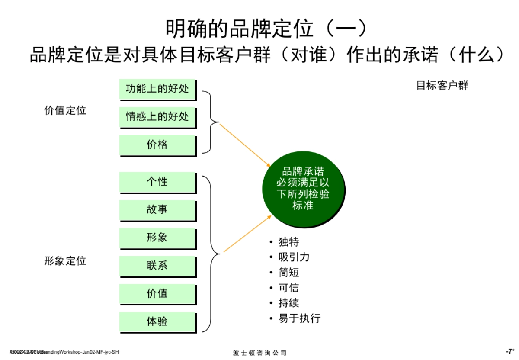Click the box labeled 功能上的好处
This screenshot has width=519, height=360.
pyautogui.click(x=157, y=90)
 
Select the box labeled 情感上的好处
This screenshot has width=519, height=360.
pyautogui.click(x=157, y=117)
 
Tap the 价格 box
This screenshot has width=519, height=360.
pyautogui.click(x=157, y=145)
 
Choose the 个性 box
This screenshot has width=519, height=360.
pyautogui.click(x=157, y=182)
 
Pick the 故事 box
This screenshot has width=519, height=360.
pyautogui.click(x=157, y=210)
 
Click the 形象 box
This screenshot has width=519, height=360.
pyautogui.click(x=157, y=238)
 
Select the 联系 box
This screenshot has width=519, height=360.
pyautogui.click(x=157, y=266)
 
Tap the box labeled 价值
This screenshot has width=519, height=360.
pyautogui.click(x=157, y=294)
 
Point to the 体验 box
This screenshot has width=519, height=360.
pyautogui.click(x=157, y=322)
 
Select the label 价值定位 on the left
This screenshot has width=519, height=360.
pyautogui.click(x=65, y=111)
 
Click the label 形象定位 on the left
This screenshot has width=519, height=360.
pyautogui.click(x=65, y=261)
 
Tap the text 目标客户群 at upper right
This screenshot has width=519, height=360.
pyautogui.click(x=442, y=86)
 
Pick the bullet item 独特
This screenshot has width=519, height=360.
pyautogui.click(x=288, y=242)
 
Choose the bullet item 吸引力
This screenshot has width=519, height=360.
pyautogui.click(x=294, y=257)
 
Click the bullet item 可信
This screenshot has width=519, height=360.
pyautogui.click(x=288, y=288)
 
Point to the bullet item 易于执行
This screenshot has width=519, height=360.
pyautogui.click(x=299, y=318)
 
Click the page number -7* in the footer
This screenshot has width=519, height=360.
pyautogui.click(x=509, y=351)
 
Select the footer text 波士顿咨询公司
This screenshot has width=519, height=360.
pyautogui.click(x=259, y=353)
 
